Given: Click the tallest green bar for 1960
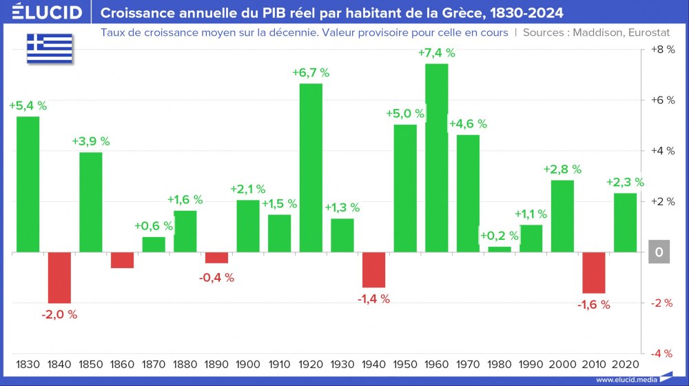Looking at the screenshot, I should click(437, 158).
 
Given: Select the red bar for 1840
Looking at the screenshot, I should click(59, 278).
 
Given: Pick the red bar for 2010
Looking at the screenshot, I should click(594, 273).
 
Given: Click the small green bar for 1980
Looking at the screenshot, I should click(500, 249).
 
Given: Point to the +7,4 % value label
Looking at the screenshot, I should click(437, 53).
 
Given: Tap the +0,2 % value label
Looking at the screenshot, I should click(500, 236).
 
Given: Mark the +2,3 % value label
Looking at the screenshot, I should click(625, 182).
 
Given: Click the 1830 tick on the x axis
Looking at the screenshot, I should click(28, 363).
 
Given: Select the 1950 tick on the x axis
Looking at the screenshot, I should click(405, 363).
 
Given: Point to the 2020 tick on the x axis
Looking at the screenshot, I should click(626, 363).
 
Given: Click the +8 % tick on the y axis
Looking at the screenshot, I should click(661, 50).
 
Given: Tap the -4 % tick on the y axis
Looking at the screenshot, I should click(661, 353).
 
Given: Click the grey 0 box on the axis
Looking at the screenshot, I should click(659, 253).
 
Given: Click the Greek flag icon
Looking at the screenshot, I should click(50, 48).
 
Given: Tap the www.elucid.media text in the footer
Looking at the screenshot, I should click(625, 380).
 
